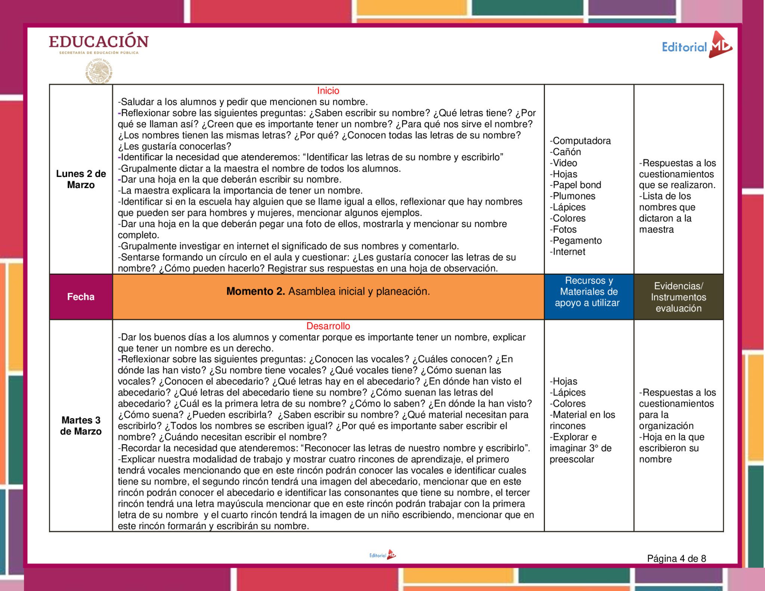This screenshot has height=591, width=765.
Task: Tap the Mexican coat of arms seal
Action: pyautogui.click(x=99, y=71)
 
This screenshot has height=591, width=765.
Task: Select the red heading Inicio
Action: pyautogui.click(x=328, y=91)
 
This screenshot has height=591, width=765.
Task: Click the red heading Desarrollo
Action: pyautogui.click(x=328, y=326)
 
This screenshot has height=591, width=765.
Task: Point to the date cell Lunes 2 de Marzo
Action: pyautogui.click(x=81, y=179)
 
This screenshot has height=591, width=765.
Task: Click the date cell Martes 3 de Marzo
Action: pyautogui.click(x=81, y=426)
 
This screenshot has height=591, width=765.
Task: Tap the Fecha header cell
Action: pyautogui.click(x=81, y=297)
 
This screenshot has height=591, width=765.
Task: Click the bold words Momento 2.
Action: pyautogui.click(x=255, y=292)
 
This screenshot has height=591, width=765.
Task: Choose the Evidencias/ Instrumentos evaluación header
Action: pyautogui.click(x=678, y=297)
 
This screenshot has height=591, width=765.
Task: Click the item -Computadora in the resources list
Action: pyautogui.click(x=580, y=141)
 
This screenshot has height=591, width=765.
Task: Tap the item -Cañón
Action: pyautogui.click(x=565, y=152)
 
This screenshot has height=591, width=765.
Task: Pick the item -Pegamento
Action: pyautogui.click(x=576, y=241)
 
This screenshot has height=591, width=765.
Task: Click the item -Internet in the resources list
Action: pyautogui.click(x=567, y=252)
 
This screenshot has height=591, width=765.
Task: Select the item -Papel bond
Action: pyautogui.click(x=575, y=185)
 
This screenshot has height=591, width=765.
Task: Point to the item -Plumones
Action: pyautogui.click(x=572, y=196)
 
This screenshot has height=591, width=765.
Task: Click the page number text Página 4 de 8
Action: pyautogui.click(x=676, y=559)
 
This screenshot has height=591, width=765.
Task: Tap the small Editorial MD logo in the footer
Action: pyautogui.click(x=382, y=555)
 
